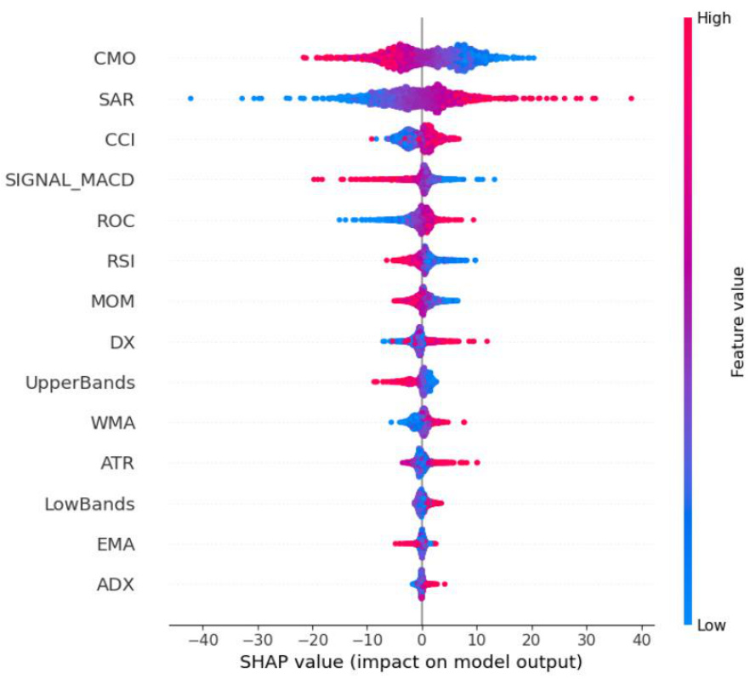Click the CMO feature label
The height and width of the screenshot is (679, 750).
(115, 59)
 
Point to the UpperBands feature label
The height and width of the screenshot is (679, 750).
(81, 382)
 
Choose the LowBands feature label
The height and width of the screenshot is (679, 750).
(89, 504)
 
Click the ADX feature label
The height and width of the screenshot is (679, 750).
(115, 585)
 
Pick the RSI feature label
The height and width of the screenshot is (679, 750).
(120, 260)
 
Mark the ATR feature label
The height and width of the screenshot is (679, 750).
(117, 463)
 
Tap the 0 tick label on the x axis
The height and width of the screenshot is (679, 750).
(422, 639)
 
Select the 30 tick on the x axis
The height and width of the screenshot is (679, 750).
(587, 639)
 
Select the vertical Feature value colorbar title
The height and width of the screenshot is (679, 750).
(737, 321)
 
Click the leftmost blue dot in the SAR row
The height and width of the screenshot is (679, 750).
(190, 99)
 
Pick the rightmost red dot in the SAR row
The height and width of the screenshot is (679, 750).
(631, 99)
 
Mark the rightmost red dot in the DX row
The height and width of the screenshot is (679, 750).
(486, 342)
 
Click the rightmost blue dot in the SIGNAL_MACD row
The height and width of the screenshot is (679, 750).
(494, 179)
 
